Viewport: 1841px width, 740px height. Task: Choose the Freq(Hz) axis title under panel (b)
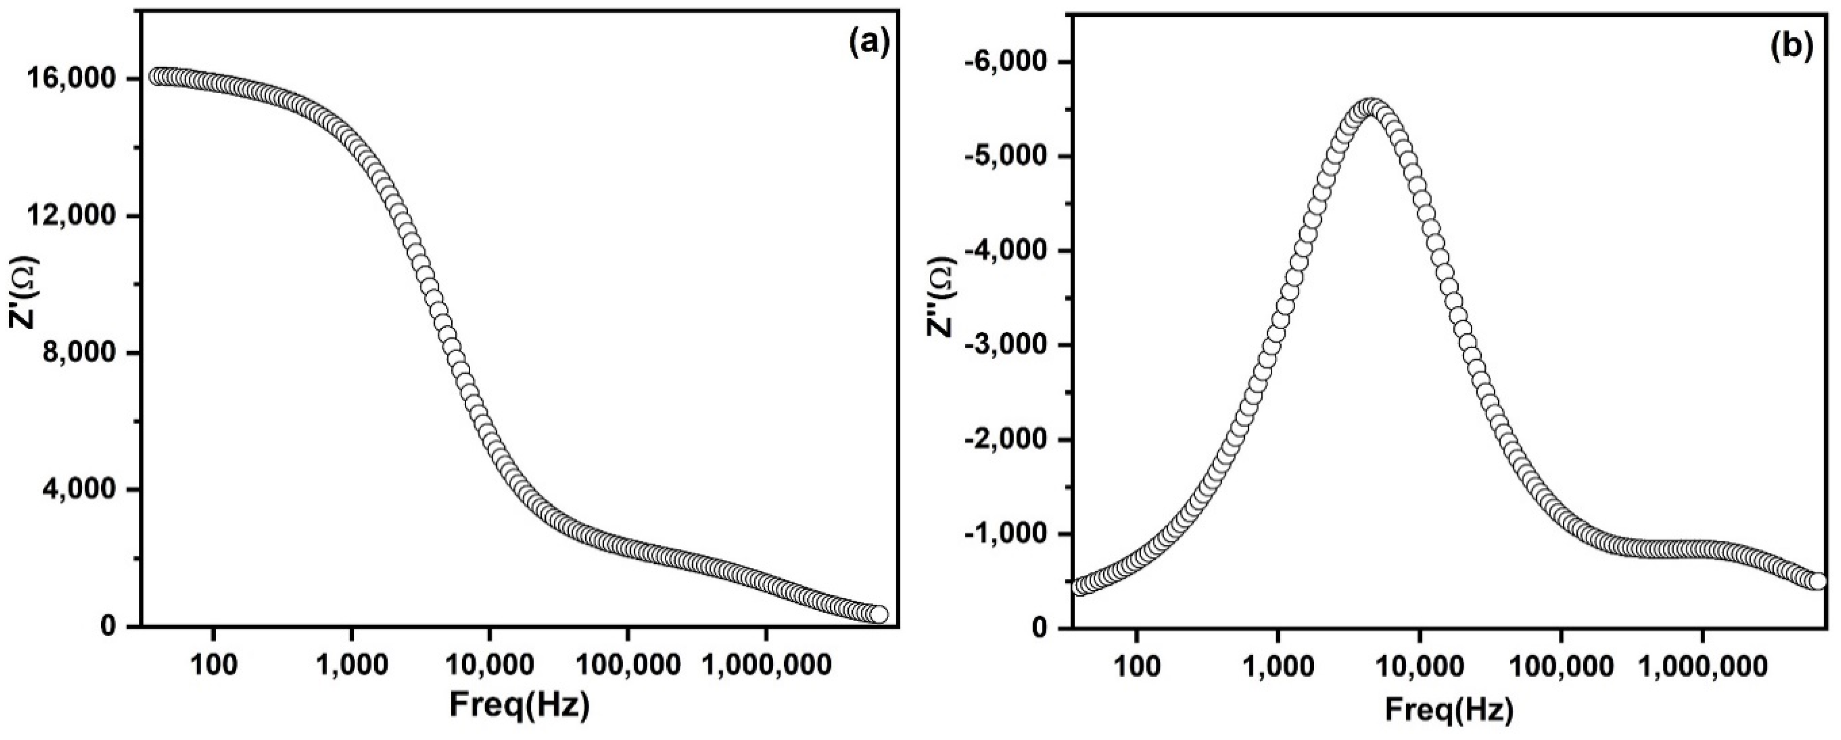(1448, 709)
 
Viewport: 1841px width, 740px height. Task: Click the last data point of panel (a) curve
(878, 614)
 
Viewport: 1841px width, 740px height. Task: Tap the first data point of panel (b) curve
(1080, 587)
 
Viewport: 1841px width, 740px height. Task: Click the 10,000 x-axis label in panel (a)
(489, 666)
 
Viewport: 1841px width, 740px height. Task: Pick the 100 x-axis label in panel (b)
(1136, 668)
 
